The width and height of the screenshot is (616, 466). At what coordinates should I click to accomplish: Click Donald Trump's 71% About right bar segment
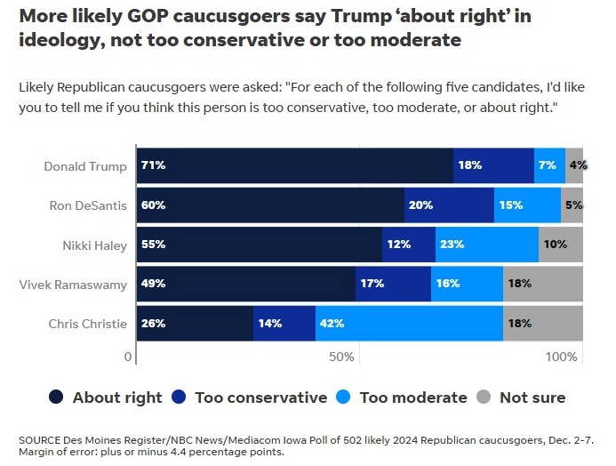[294, 165]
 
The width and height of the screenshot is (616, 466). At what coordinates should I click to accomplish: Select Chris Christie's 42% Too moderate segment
[409, 324]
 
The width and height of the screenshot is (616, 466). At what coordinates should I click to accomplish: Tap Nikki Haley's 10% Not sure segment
[561, 245]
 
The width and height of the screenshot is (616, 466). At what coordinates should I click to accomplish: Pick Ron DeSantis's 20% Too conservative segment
[449, 205]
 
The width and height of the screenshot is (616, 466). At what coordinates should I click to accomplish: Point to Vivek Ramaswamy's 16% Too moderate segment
[467, 284]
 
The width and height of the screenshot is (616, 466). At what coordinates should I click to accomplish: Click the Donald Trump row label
[85, 166]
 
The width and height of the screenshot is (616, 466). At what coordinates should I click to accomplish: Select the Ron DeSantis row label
[88, 205]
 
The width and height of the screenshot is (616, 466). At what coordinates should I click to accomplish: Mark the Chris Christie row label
[88, 325]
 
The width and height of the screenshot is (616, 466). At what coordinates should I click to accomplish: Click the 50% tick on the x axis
[342, 358]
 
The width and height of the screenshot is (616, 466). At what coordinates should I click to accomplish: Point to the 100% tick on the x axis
[562, 358]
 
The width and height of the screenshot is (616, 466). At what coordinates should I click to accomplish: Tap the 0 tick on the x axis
[129, 358]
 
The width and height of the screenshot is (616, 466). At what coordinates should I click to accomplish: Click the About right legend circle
[56, 398]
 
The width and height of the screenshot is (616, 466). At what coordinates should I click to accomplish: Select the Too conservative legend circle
[179, 398]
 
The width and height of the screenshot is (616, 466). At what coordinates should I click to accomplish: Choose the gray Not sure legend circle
[484, 398]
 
